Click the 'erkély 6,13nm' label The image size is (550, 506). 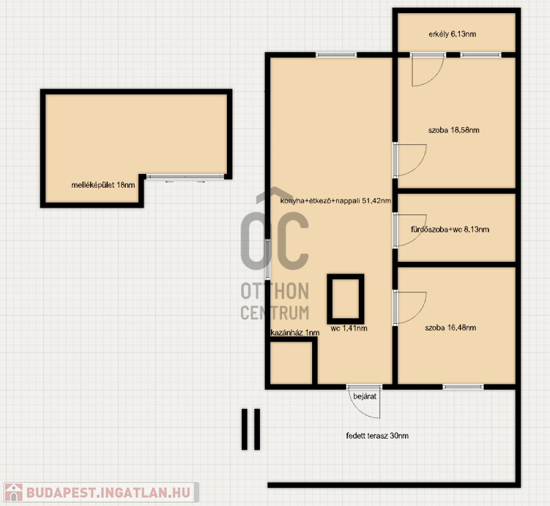452,34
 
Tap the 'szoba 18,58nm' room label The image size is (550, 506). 454,130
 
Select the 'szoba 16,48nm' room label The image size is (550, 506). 450,328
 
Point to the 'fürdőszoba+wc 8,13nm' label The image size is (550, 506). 450,230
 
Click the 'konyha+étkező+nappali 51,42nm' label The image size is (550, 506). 335,201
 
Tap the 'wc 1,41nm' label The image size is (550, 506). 349,328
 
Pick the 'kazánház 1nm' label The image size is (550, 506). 295,333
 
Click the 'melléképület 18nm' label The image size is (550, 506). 103,185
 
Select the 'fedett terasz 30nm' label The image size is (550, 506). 377,436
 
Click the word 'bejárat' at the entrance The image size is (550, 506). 365,396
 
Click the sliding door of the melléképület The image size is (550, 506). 185,177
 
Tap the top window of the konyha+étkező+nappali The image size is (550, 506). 336,55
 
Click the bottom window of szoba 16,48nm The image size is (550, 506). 463,387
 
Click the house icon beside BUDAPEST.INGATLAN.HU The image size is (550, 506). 14,492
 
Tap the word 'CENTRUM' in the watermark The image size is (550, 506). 274,313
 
